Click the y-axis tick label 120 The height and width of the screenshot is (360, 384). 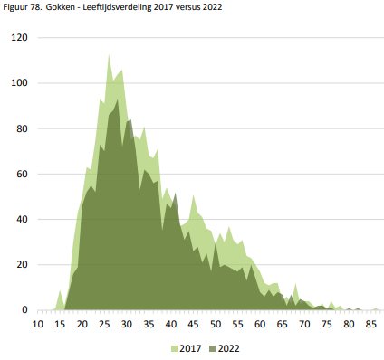[19, 38]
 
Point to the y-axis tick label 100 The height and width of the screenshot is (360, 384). [19, 83]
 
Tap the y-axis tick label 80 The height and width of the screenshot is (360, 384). [22, 128]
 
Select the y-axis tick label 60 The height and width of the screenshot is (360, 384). [22, 174]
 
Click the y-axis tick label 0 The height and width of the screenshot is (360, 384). [24, 310]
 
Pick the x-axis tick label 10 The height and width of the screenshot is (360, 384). [38, 324]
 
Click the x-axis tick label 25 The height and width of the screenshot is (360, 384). [104, 324]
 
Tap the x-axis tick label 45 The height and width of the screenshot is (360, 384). [193, 324]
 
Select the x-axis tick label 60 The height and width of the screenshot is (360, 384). [260, 324]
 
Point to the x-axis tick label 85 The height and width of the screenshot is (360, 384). [371, 324]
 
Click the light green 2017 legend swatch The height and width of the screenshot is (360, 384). [174, 349]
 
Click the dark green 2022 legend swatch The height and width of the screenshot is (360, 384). [212, 349]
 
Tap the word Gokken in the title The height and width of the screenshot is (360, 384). [61, 7]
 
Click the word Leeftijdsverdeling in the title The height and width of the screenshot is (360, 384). [117, 7]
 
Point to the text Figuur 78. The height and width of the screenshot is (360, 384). [23, 7]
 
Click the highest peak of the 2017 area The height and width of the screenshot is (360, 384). [109, 54]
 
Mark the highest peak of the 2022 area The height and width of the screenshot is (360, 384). [118, 99]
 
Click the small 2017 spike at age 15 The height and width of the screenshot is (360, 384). [60, 290]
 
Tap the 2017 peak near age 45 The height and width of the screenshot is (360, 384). [193, 195]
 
